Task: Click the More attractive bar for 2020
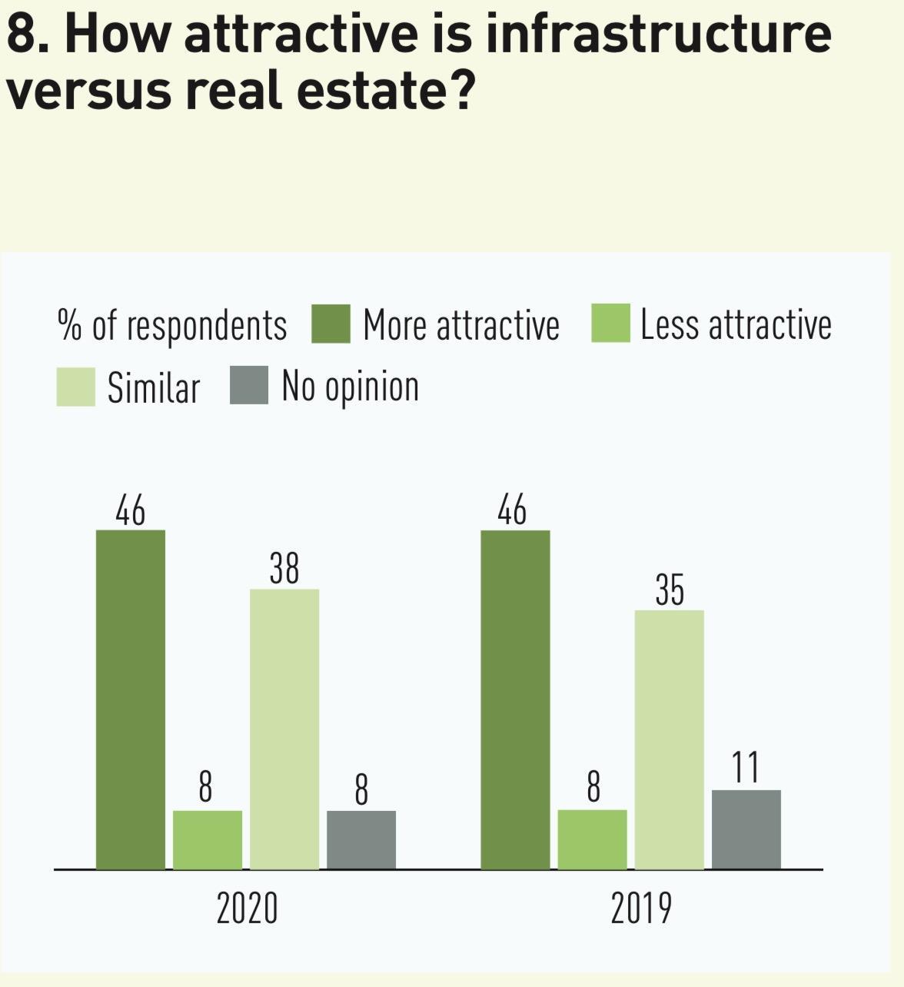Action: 131,700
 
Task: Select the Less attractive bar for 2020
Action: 208,839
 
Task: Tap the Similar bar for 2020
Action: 284,729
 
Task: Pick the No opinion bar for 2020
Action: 361,839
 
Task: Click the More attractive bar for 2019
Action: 515,700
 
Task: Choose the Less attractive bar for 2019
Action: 592,839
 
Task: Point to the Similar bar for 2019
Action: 669,739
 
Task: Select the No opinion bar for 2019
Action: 746,829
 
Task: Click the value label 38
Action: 284,570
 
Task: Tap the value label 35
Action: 670,590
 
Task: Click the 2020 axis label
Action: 247,909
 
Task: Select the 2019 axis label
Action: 641,909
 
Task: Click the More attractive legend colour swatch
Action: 331,324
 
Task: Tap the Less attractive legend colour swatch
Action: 610,324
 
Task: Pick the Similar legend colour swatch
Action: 75,386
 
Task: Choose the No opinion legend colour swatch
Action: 249,386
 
